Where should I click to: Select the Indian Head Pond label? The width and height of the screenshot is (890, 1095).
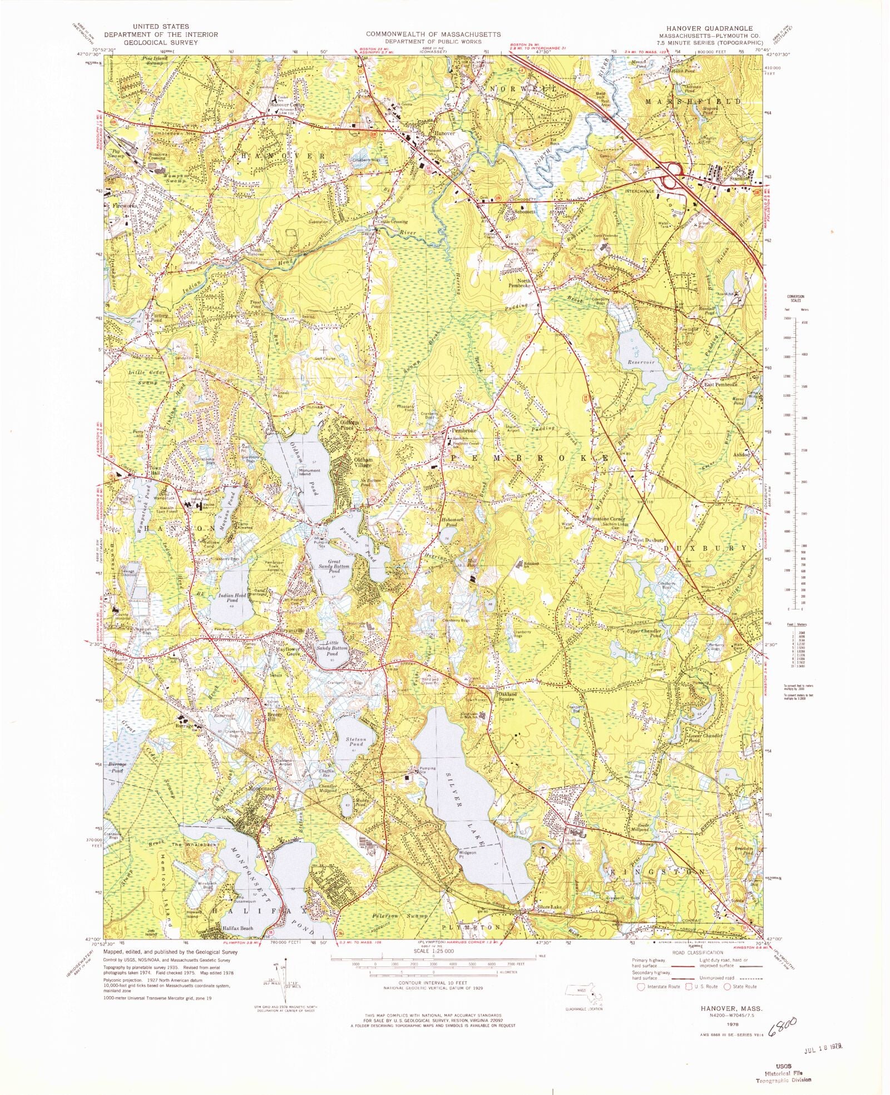click(x=233, y=598)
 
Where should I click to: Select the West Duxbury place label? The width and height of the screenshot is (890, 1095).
click(x=647, y=540)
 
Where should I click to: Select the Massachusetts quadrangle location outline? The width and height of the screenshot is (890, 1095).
click(x=584, y=992)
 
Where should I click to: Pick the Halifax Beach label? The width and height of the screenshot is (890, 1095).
click(x=238, y=928)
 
